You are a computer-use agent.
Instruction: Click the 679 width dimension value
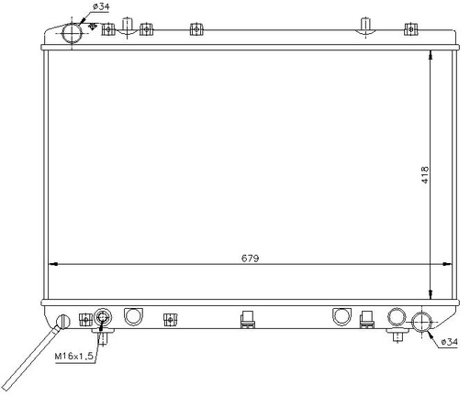(250, 258)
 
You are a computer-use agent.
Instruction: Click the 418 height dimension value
(425, 175)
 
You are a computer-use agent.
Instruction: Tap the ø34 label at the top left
(101, 6)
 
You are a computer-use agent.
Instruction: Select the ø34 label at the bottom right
(450, 342)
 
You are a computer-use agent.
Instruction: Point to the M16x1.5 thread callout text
(73, 356)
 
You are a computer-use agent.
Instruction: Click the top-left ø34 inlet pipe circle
(73, 34)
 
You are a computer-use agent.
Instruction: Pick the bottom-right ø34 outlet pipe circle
(421, 323)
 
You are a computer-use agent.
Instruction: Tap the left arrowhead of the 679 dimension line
(53, 264)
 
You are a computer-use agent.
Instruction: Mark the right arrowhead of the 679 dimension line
(447, 264)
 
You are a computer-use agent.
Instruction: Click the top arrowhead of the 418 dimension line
(431, 55)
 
